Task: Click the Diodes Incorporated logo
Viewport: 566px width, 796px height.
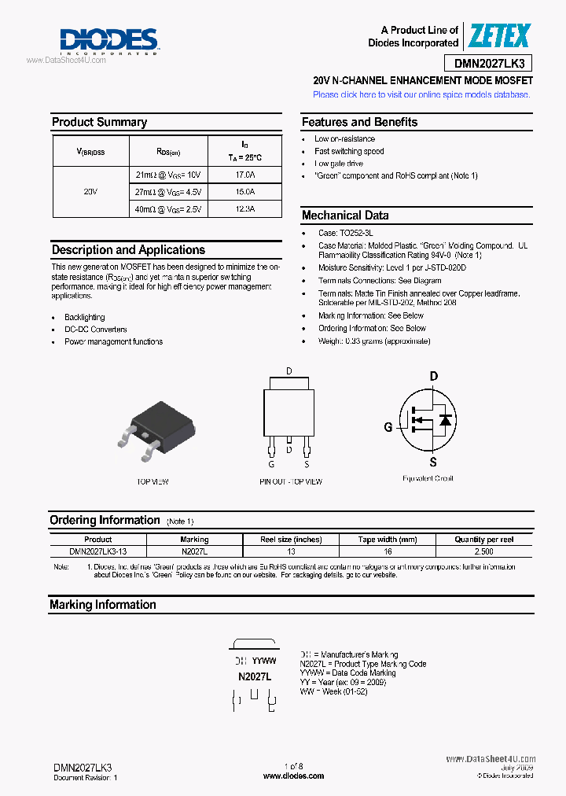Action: click(x=109, y=40)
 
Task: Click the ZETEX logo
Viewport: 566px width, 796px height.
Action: click(x=499, y=36)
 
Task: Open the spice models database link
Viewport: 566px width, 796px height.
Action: click(x=421, y=94)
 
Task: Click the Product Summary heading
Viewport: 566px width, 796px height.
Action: click(x=99, y=122)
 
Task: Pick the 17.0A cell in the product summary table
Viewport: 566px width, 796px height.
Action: click(x=244, y=175)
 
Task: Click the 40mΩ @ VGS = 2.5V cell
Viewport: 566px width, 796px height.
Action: click(x=168, y=209)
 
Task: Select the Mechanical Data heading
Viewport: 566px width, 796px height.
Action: click(x=345, y=216)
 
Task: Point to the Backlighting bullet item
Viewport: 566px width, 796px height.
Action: click(x=84, y=318)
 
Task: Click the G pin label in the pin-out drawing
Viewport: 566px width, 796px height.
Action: click(x=271, y=464)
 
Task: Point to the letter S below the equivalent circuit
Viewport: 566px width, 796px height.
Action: click(x=433, y=462)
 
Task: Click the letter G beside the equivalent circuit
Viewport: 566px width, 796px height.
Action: click(x=388, y=427)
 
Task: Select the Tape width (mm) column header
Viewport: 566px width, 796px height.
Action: click(x=387, y=540)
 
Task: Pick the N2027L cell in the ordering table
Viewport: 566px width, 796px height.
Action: click(x=194, y=551)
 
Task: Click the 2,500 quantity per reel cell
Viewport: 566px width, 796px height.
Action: click(x=484, y=551)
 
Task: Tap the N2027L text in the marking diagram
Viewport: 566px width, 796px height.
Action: click(x=255, y=676)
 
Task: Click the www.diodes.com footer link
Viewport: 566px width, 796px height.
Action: click(x=293, y=776)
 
